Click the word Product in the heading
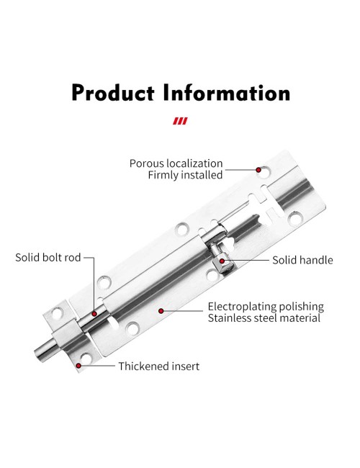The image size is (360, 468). click(113, 93)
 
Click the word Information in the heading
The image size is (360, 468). click(227, 93)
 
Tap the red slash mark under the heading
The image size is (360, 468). click(180, 121)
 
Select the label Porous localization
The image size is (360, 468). click(176, 163)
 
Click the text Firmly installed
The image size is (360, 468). click(185, 175)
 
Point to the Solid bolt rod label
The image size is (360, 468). click(48, 257)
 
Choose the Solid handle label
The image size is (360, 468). click(302, 260)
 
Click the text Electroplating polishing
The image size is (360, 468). click(266, 307)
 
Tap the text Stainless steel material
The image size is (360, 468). click(264, 318)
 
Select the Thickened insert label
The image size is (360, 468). click(159, 366)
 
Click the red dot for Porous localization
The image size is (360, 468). click(258, 170)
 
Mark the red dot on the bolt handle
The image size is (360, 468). click(222, 261)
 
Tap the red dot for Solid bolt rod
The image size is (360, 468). click(94, 314)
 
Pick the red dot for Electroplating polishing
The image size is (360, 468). click(161, 311)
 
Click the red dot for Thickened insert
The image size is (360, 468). click(78, 366)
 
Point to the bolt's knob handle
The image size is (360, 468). click(222, 258)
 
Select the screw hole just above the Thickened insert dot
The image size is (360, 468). click(86, 358)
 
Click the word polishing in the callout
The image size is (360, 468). click(301, 307)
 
